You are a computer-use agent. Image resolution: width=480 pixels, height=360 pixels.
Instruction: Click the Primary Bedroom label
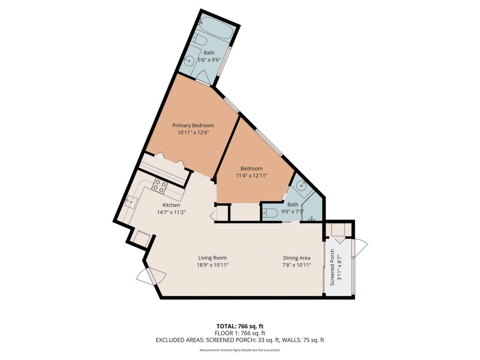click(x=193, y=125)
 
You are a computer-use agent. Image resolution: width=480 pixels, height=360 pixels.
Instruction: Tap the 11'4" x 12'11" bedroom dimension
click(x=251, y=175)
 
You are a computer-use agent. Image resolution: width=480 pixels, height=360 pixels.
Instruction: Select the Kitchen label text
click(x=171, y=205)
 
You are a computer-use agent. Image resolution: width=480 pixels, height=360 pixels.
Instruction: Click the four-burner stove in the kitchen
click(x=159, y=186)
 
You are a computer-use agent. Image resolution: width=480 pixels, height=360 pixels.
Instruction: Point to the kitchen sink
click(x=132, y=201)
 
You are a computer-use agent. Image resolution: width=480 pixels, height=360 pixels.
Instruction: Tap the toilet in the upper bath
click(x=200, y=40)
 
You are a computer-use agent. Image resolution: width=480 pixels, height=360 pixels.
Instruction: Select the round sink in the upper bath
click(x=190, y=60)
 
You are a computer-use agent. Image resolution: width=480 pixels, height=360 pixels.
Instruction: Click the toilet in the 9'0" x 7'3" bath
click(x=270, y=213)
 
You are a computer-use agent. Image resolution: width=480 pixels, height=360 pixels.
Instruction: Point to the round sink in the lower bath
click(x=301, y=185)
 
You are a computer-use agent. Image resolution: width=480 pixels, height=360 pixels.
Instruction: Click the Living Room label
click(x=213, y=258)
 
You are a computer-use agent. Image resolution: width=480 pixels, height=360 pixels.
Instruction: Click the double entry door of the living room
click(x=151, y=277)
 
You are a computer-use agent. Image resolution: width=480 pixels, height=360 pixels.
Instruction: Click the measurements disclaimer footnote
click(x=240, y=350)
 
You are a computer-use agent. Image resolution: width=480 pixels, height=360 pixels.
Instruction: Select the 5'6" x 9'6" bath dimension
click(x=209, y=60)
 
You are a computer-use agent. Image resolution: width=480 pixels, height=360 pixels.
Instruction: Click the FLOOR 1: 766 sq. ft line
click(x=240, y=333)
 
